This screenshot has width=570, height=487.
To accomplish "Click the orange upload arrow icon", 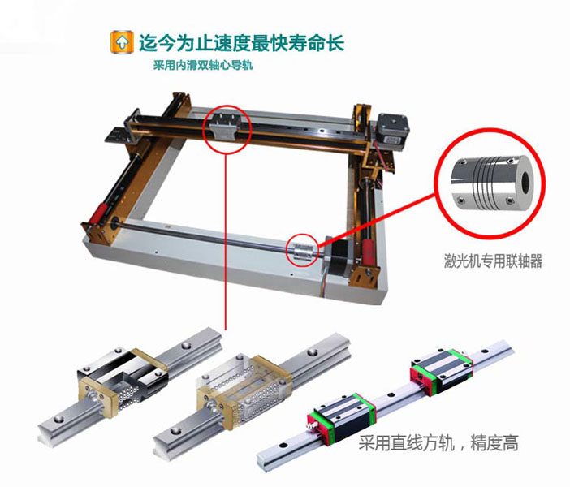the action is coord(122,42).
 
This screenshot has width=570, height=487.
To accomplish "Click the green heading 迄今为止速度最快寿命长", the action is coord(241,43).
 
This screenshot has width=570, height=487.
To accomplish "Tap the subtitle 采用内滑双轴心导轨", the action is coord(203,66).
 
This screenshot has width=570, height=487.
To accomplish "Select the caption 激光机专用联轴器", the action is coord(493,261).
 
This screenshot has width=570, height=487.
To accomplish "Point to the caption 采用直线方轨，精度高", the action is coord(438,443).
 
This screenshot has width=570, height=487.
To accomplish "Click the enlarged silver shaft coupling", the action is coord(493,183).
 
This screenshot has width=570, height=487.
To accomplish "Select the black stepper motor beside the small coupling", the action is coord(339,257).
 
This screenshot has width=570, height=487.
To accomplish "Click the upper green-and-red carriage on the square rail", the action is coord(442,373).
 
